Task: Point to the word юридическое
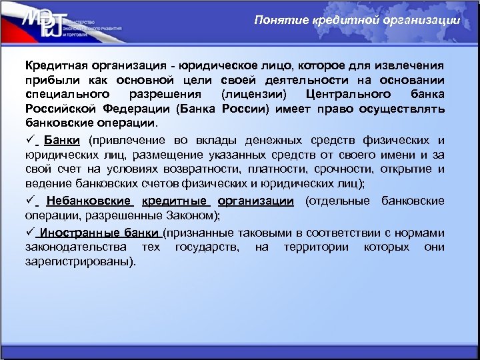coord(223,67)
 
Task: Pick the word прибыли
coord(50,81)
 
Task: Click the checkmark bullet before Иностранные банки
coord(31,232)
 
